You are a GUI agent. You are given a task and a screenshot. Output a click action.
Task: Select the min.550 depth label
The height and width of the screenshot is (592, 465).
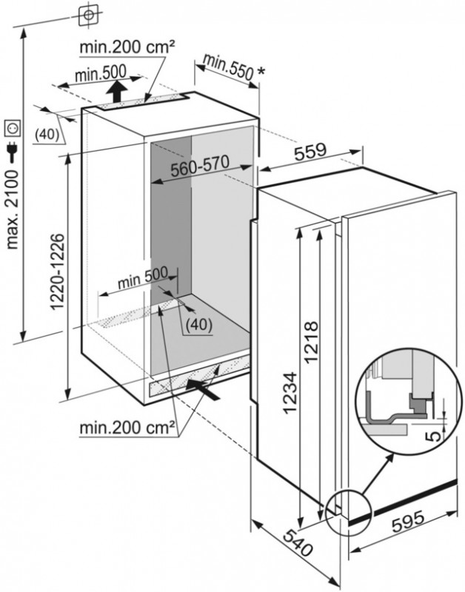coord(231,68)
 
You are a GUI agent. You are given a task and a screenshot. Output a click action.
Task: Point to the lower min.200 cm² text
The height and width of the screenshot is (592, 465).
coord(128,428)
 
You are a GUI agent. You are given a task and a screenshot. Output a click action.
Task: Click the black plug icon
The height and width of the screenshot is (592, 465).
coord(13,151)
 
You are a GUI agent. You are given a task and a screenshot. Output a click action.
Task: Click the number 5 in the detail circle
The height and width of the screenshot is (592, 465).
coord(434,434)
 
